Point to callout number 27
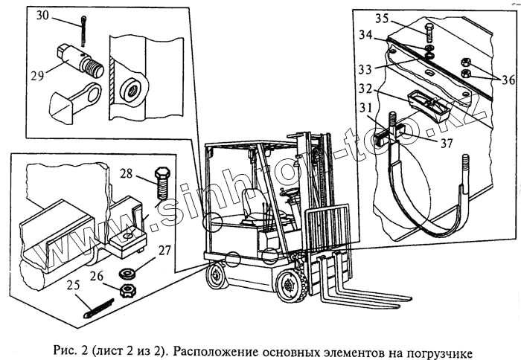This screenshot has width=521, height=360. (x=163, y=252)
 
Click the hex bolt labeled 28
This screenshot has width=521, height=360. (x=162, y=184)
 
